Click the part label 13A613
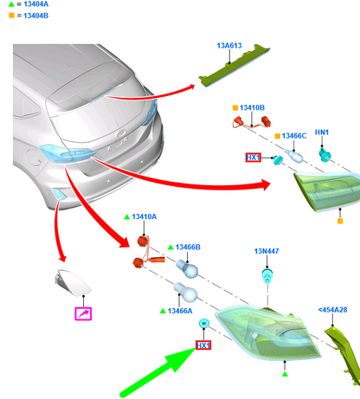(x=229, y=46)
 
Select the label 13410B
(x=252, y=107)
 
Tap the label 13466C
(x=294, y=136)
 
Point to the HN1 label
(x=322, y=132)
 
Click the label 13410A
(x=144, y=216)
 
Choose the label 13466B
(x=188, y=248)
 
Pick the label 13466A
(x=180, y=311)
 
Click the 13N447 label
(x=267, y=251)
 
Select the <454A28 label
(x=332, y=310)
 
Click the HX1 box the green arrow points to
(x=203, y=345)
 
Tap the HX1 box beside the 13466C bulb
(x=254, y=158)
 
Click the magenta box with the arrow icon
(x=83, y=313)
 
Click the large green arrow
(x=158, y=372)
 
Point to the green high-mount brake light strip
(x=235, y=66)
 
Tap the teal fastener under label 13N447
(x=267, y=276)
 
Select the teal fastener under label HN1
(x=325, y=155)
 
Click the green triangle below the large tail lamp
(x=285, y=374)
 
